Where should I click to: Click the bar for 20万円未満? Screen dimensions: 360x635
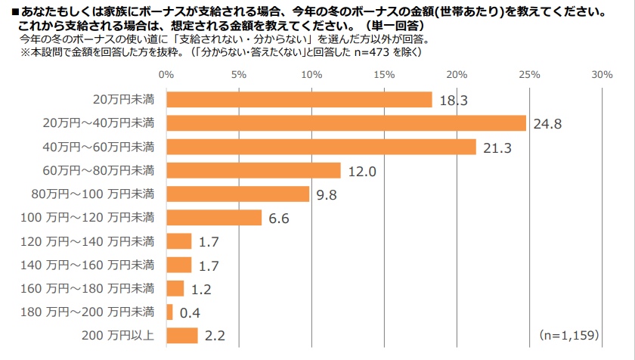point(299,100)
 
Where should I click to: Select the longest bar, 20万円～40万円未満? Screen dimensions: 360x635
point(345,123)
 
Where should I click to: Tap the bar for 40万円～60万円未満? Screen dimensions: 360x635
point(321,147)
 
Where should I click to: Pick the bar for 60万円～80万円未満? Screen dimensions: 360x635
point(253,170)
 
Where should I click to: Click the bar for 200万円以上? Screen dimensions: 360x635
point(181,335)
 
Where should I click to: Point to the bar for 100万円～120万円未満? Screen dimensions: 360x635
point(214,218)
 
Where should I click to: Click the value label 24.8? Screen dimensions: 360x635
point(550,124)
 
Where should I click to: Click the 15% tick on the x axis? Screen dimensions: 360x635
point(384,75)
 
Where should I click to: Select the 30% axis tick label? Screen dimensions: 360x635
point(602,75)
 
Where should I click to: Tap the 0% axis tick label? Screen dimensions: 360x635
point(166,75)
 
